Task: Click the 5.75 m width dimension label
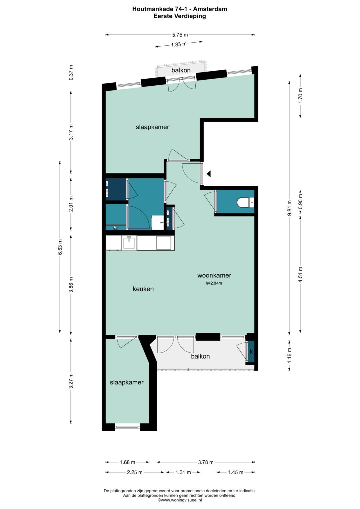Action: [x=180, y=35]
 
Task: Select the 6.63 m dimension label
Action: [x=60, y=247]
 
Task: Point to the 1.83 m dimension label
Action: [x=179, y=44]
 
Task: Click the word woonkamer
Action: [x=214, y=275]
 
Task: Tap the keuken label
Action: [x=143, y=289]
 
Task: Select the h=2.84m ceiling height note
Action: [x=214, y=283]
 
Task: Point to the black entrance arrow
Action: [x=209, y=174]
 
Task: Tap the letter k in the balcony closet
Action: [x=251, y=352]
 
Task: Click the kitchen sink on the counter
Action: [x=129, y=243]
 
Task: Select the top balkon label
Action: [x=181, y=70]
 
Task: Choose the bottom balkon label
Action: [x=200, y=356]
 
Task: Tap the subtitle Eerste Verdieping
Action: [x=180, y=16]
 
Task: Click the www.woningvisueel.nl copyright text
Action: [x=180, y=500]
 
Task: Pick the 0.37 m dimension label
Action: [x=71, y=72]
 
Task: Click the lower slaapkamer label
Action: [x=127, y=382]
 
